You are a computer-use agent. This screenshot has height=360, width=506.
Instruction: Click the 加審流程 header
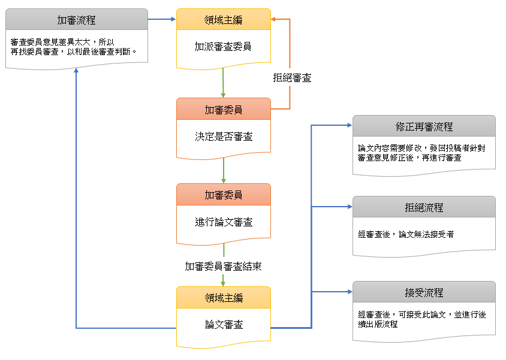(x=76, y=20)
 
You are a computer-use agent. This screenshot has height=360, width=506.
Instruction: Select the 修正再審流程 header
(x=424, y=126)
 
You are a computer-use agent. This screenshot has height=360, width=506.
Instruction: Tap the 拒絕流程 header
(x=424, y=207)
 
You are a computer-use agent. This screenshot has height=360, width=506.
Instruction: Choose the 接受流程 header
(x=424, y=293)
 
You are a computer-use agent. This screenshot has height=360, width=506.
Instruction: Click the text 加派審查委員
(x=223, y=47)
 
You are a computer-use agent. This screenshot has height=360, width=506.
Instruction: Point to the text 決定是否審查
(x=223, y=137)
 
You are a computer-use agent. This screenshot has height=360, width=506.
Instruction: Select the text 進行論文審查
(x=223, y=222)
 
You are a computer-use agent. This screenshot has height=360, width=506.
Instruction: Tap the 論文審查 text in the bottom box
(x=223, y=325)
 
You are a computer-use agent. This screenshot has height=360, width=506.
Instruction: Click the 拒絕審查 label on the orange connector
(x=292, y=78)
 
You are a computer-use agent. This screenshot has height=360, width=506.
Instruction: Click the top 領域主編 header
(x=223, y=20)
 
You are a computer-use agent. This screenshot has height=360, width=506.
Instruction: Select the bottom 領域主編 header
(x=223, y=298)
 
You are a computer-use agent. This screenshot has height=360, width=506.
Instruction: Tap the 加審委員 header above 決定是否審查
(x=223, y=110)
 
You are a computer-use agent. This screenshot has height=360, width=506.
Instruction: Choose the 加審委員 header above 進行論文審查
(x=223, y=195)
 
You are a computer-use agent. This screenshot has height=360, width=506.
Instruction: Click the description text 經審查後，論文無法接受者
(x=405, y=234)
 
